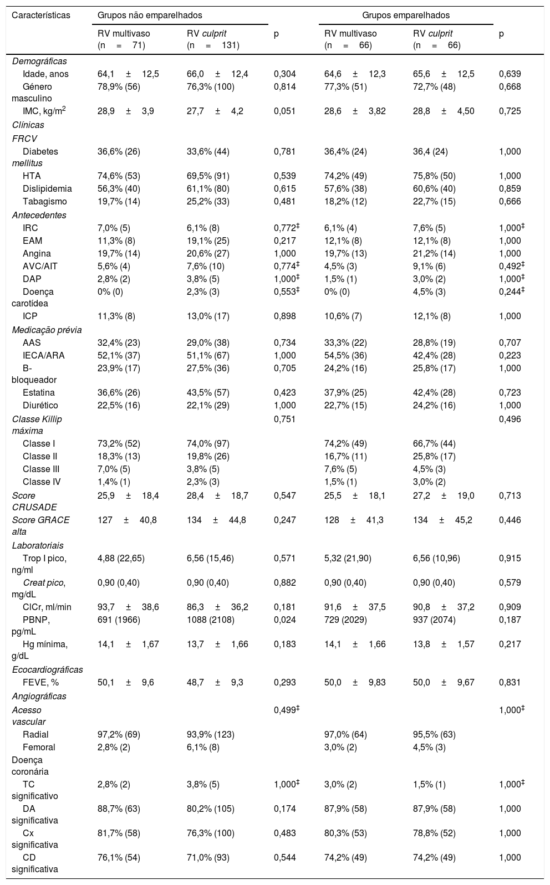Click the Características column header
click(41, 15)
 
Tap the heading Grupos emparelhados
click(406, 15)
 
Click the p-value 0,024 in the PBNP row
click(284, 620)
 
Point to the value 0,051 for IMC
click(284, 111)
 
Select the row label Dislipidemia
click(47, 188)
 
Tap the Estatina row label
click(39, 392)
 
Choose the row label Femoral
click(39, 747)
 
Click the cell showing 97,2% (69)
click(119, 734)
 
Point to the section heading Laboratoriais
click(37, 545)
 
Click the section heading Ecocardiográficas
click(48, 669)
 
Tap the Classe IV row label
click(42, 482)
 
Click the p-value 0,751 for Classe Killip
click(284, 419)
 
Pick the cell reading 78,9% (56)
click(119, 86)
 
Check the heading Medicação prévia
click(47, 330)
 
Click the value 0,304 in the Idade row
click(284, 74)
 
